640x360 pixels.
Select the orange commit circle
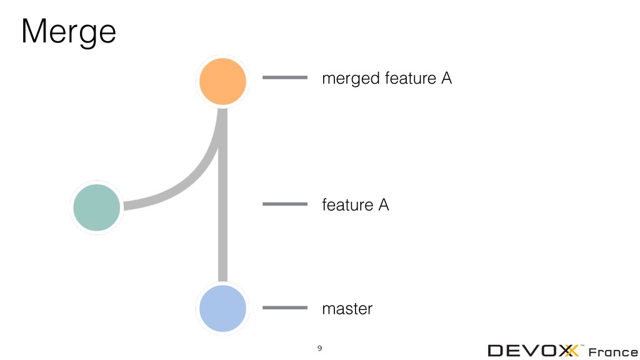coord(222,81)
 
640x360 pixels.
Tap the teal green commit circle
coord(96,207)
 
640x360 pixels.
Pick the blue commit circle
coord(222,308)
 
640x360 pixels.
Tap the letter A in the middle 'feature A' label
coord(383,205)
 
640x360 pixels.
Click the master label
coord(347,309)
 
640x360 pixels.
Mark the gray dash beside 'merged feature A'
coord(285,77)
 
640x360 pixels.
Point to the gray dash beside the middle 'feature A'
coord(285,204)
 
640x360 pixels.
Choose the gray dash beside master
coord(285,307)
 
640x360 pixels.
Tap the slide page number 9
coord(320,347)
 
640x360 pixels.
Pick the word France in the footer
coord(613,351)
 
